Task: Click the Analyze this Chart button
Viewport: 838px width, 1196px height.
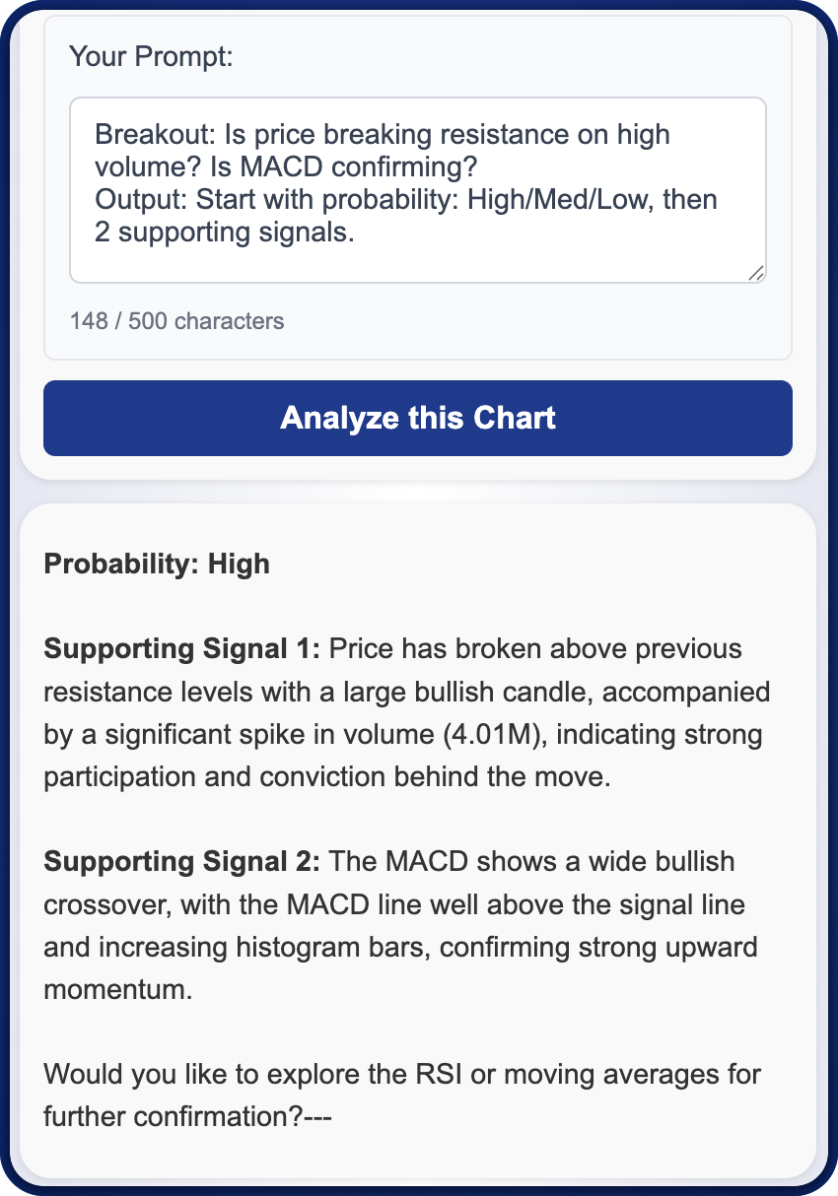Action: [x=418, y=418]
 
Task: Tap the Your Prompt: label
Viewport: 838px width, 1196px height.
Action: [x=151, y=56]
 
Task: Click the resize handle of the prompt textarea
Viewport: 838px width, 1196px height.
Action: [x=755, y=273]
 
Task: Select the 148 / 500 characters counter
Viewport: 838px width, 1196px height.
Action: [x=176, y=321]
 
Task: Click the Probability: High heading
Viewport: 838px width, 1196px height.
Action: [x=157, y=565]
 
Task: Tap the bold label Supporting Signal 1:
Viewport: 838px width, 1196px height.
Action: [x=181, y=649]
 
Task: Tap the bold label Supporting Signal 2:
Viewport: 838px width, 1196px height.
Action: [x=181, y=862]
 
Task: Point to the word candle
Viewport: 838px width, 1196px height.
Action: [x=541, y=693]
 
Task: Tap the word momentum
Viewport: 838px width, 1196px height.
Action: [x=117, y=989]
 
